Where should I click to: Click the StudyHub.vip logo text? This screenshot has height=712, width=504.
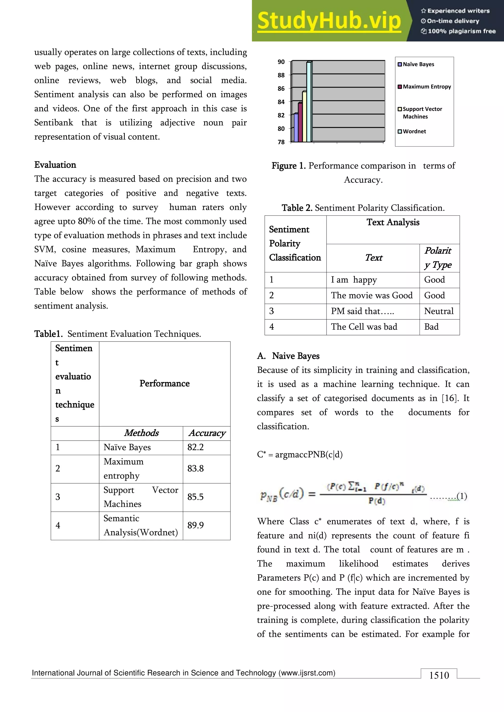click(329, 21)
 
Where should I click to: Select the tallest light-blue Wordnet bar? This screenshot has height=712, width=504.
click(309, 102)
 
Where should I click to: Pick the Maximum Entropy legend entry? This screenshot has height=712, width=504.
click(424, 87)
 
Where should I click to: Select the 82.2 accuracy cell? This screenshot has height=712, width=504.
click(195, 447)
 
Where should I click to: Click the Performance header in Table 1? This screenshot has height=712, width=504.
click(164, 384)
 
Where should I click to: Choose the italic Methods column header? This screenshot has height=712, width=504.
click(141, 433)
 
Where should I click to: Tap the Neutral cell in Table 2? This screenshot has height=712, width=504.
click(439, 311)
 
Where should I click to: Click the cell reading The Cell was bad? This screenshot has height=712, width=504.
click(364, 327)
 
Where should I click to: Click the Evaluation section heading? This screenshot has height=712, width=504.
click(55, 165)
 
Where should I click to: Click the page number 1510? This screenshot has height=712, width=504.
click(439, 675)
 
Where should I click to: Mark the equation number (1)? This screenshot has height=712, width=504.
click(461, 496)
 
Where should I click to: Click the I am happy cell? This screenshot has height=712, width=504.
click(354, 280)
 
